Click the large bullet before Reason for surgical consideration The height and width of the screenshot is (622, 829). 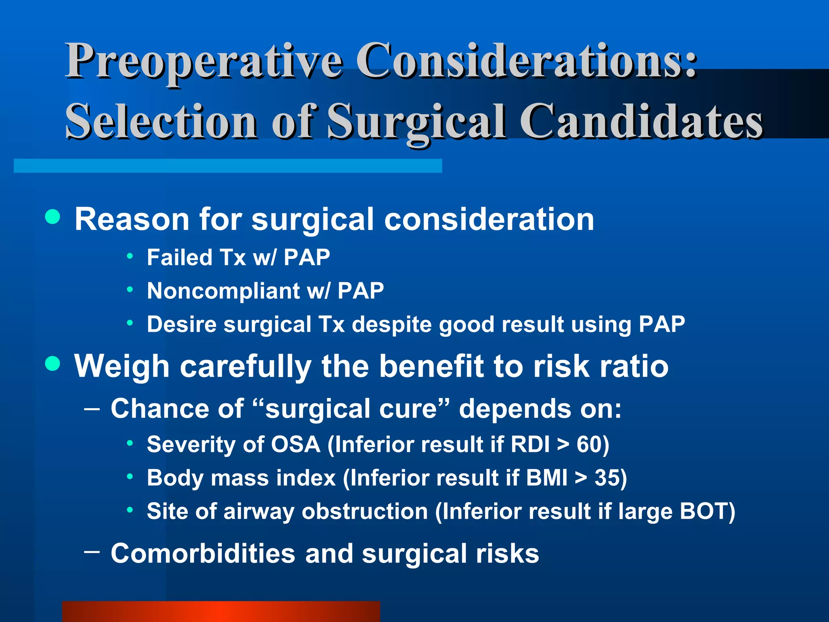53,217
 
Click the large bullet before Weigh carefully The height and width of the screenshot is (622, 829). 53,363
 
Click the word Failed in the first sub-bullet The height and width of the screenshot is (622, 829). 179,258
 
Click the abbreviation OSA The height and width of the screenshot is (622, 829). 295,445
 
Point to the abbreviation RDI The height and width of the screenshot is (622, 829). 530,445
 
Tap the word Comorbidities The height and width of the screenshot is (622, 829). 203,553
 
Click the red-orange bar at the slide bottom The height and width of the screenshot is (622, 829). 221,611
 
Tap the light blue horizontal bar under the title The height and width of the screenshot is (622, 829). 227,166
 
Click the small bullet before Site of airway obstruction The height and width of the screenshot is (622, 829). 130,510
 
